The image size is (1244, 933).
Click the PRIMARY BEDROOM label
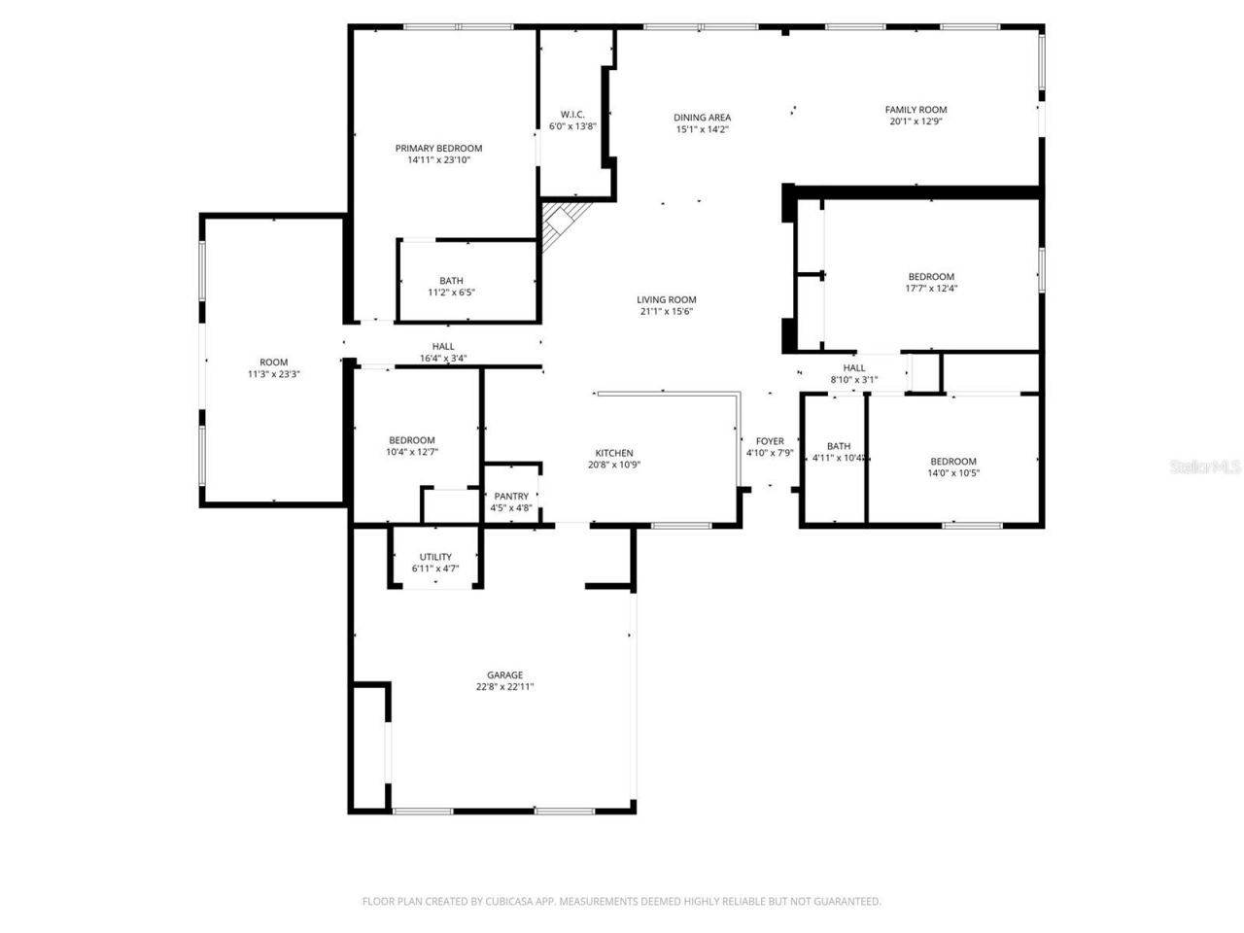pos(438,149)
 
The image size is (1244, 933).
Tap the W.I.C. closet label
pos(572,115)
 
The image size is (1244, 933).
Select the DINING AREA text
pos(702,118)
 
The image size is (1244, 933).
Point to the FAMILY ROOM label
pos(916,110)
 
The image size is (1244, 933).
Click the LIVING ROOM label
pos(666,300)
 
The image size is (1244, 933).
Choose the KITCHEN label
pos(614,453)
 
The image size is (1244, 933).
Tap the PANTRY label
pos(511,497)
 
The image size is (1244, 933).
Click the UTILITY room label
pos(435,557)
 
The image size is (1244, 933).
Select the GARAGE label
pos(504,675)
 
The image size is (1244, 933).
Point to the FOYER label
pos(770,441)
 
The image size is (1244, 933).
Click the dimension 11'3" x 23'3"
pos(274,374)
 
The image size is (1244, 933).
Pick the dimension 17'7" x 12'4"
pos(931,289)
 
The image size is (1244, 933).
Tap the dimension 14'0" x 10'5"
pos(953,473)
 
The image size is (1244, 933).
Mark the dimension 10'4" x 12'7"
pos(412,452)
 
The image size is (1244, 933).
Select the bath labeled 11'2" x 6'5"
pos(451,281)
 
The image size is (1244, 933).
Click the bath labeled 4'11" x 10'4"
pos(839,447)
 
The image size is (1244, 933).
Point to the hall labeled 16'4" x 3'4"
pos(443,347)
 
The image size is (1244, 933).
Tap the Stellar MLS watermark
pos(1205,467)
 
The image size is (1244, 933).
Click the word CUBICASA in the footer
pos(503,902)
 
